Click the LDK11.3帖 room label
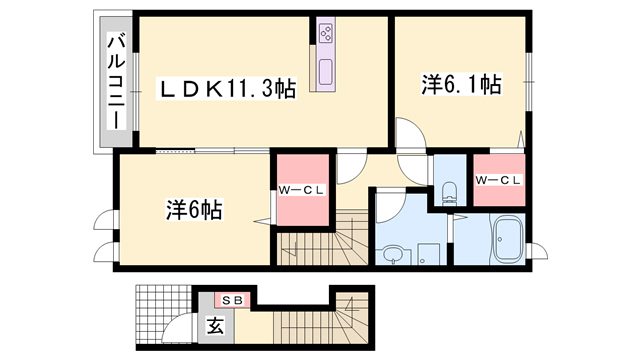coord(227,88)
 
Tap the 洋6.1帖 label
coord(462,84)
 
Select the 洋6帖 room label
coord(194,210)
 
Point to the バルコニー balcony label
coord(116,82)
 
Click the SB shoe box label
coord(232,301)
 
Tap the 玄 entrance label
coord(215,325)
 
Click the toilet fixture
coord(449,193)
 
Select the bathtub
coord(508,239)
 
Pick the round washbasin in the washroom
coord(393,254)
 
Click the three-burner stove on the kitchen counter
coord(326,33)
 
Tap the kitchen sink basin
coord(326,72)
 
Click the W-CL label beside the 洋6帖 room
coord(301,189)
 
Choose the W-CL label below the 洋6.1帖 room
coord(498,180)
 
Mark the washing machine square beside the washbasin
coord(428,254)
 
